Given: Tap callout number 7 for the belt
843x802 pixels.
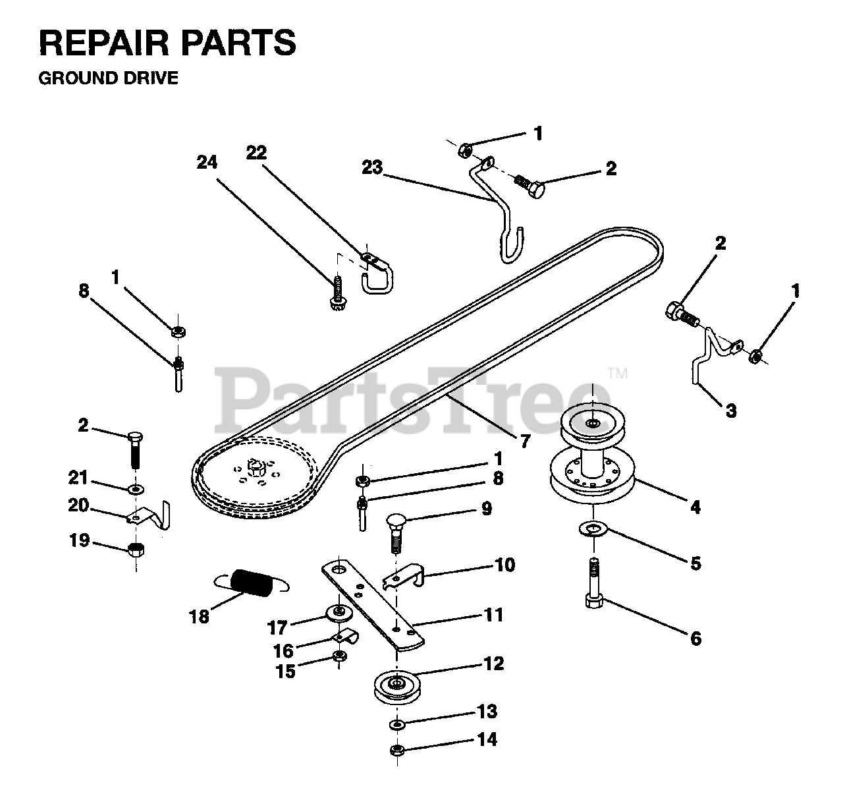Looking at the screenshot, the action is [x=526, y=441].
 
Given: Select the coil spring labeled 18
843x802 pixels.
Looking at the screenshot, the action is [x=251, y=583].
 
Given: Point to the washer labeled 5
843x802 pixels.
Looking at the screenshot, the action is [x=593, y=530].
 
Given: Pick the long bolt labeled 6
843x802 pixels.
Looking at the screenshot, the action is [x=593, y=583].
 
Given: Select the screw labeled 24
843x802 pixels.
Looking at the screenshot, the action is [x=339, y=293].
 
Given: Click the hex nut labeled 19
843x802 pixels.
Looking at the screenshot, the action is [x=136, y=549].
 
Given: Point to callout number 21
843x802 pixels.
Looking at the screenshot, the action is [x=78, y=478].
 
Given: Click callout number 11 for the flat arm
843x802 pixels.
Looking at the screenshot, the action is [x=493, y=615].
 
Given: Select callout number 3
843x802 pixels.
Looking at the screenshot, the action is [x=731, y=411].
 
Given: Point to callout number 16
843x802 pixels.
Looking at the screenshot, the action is [x=283, y=651].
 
